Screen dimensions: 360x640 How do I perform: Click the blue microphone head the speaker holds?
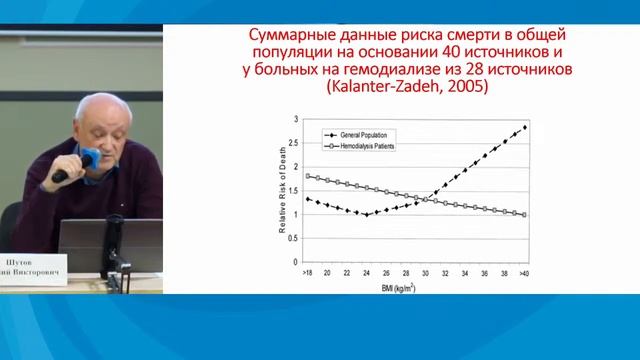(88, 158)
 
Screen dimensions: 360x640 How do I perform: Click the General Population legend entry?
(366, 132)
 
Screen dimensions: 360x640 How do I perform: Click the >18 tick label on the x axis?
(307, 272)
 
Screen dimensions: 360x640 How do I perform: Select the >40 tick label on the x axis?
(524, 272)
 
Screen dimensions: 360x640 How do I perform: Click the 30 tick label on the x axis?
(425, 272)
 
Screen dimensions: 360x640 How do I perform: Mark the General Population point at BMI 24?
(366, 214)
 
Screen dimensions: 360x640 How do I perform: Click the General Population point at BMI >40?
(525, 127)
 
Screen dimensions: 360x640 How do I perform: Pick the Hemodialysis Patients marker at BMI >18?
(307, 176)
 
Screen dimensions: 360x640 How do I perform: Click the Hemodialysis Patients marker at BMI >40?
(525, 214)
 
